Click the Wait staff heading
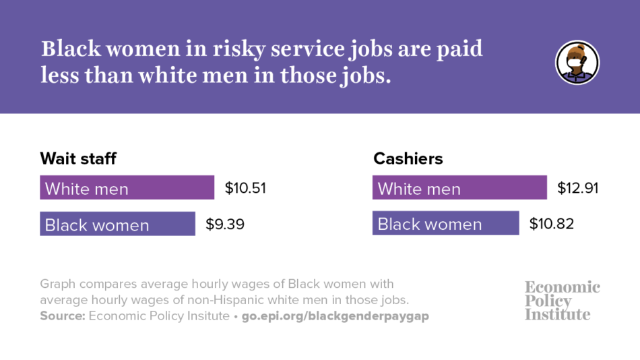click(78, 159)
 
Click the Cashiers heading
click(408, 159)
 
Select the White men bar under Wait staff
click(127, 188)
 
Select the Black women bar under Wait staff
click(118, 224)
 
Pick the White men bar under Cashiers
click(459, 188)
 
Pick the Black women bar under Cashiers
click(445, 224)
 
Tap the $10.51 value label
click(245, 188)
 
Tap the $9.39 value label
click(225, 224)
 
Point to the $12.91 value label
click(578, 188)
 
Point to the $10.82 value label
click(552, 224)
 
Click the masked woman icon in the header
click(577, 63)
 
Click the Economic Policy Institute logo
click(562, 301)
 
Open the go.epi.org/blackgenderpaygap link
click(335, 316)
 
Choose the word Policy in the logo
click(548, 301)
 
